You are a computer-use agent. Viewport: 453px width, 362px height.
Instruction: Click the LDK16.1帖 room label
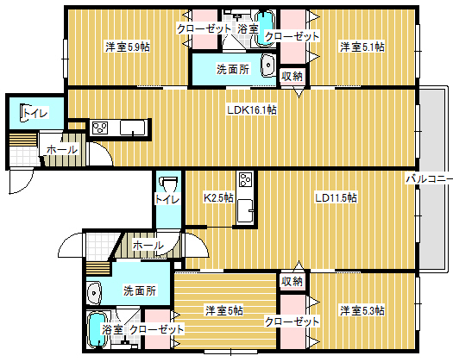252,110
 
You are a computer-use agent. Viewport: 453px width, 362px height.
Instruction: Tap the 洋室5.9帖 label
128,47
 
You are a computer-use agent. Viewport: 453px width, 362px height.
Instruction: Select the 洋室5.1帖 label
362,47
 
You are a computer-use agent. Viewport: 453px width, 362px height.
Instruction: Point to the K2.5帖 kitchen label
218,197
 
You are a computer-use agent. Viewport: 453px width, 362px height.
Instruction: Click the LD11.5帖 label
336,197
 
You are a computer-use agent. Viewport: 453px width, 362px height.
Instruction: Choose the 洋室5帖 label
224,311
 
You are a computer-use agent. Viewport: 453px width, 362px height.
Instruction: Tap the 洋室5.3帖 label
362,311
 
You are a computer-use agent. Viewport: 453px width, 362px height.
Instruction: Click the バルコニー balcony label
430,179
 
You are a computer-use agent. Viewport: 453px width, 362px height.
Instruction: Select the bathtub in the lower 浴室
97,330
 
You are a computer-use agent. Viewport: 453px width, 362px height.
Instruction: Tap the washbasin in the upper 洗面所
268,66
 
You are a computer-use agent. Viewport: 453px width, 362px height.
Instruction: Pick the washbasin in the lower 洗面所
93,293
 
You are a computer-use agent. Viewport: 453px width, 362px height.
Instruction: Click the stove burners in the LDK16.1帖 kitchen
100,128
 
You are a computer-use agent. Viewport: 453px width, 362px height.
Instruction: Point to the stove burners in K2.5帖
246,180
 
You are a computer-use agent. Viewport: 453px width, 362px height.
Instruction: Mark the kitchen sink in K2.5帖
246,210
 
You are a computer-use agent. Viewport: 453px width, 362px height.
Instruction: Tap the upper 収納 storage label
293,76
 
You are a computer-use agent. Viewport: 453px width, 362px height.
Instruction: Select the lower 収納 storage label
293,281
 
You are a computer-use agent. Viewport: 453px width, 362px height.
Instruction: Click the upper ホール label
62,150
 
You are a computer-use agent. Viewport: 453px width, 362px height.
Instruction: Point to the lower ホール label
148,246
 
